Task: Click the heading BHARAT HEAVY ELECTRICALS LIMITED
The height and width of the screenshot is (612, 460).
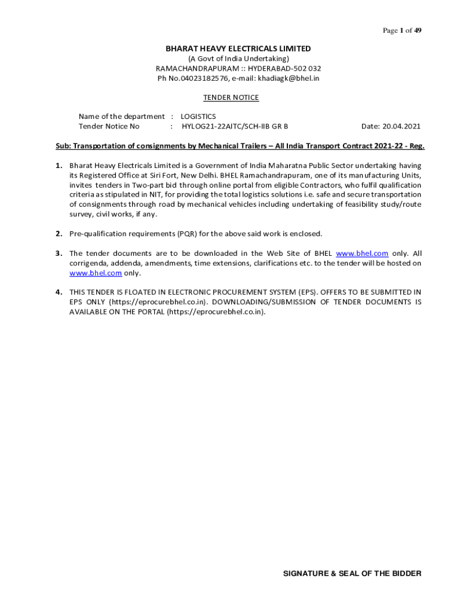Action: [x=238, y=48]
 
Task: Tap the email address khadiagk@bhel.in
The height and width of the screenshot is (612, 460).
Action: [x=289, y=78]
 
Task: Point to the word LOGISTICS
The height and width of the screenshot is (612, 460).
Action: [x=198, y=117]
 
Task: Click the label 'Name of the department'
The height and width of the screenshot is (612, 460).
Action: [x=121, y=117]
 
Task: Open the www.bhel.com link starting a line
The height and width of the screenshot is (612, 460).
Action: [x=96, y=273]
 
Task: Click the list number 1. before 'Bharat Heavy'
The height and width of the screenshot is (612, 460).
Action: [x=59, y=166]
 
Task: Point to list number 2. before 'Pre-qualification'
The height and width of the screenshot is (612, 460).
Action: [x=59, y=234]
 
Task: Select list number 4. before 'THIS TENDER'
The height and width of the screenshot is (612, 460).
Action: [x=59, y=292]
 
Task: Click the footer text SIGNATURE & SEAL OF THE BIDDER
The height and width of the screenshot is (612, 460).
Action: [x=352, y=574]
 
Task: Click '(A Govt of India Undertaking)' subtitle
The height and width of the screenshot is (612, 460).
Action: [x=238, y=59]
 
